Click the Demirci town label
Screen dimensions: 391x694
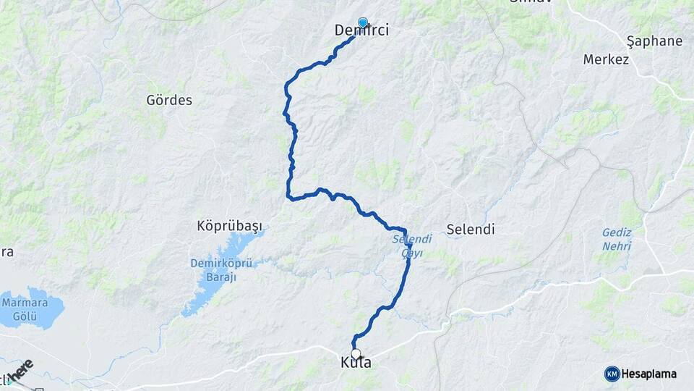[x=362, y=30]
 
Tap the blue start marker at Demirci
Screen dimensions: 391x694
[x=362, y=22]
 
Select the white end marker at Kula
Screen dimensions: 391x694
[x=355, y=353]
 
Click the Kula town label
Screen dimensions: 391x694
[x=356, y=363]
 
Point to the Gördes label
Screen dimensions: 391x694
[x=169, y=100]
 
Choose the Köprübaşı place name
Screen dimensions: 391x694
[x=229, y=225]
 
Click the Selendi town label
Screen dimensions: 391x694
[x=471, y=229]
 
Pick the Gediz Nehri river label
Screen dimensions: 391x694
[x=617, y=240]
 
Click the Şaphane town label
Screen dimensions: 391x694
[x=654, y=41]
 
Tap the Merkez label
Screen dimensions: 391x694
[x=606, y=59]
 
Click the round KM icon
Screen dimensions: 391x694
[x=612, y=374]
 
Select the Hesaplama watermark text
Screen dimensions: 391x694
[x=648, y=374]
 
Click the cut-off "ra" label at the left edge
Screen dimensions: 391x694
[x=7, y=252]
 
